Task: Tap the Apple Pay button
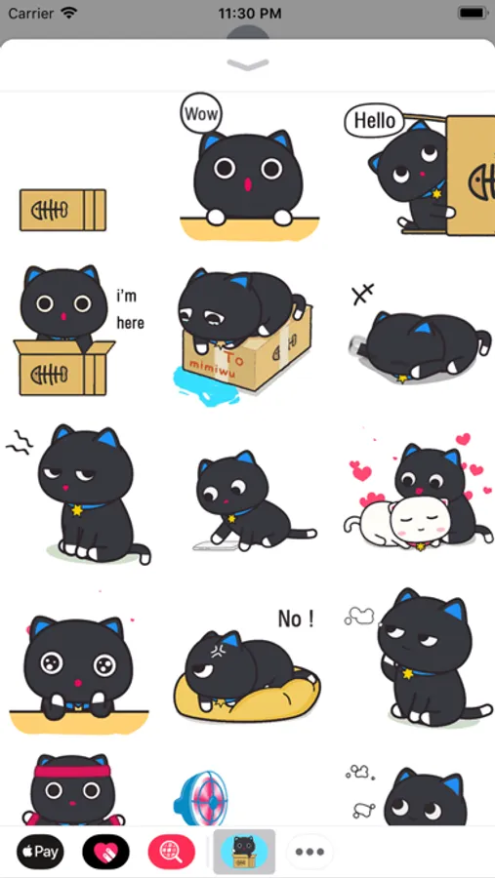pos(40,852)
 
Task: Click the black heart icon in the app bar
pos(106,852)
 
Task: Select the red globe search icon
pos(172,852)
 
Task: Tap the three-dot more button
pos(310,852)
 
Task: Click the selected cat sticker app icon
pos(244,852)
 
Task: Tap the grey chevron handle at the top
pos(248,65)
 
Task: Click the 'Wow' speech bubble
pos(201,114)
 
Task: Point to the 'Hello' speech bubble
pos(375,120)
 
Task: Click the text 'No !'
pos(296,619)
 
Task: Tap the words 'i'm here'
pos(130,309)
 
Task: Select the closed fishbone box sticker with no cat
pos(62,210)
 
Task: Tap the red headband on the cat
pos(72,772)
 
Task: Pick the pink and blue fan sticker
pos(200,798)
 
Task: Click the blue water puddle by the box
pos(206,385)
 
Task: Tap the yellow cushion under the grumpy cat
pos(247,695)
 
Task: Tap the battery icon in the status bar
pos(472,13)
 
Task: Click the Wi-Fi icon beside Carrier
pos(69,13)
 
